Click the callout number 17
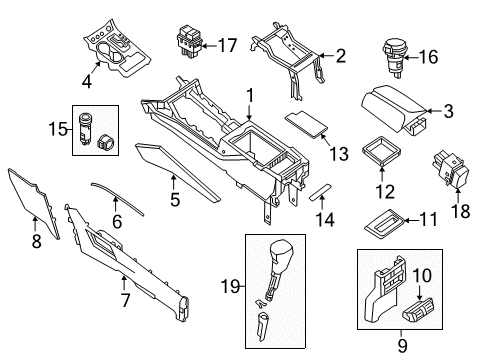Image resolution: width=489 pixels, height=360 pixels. click(227, 44)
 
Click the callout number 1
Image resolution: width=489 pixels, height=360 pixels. click(251, 98)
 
